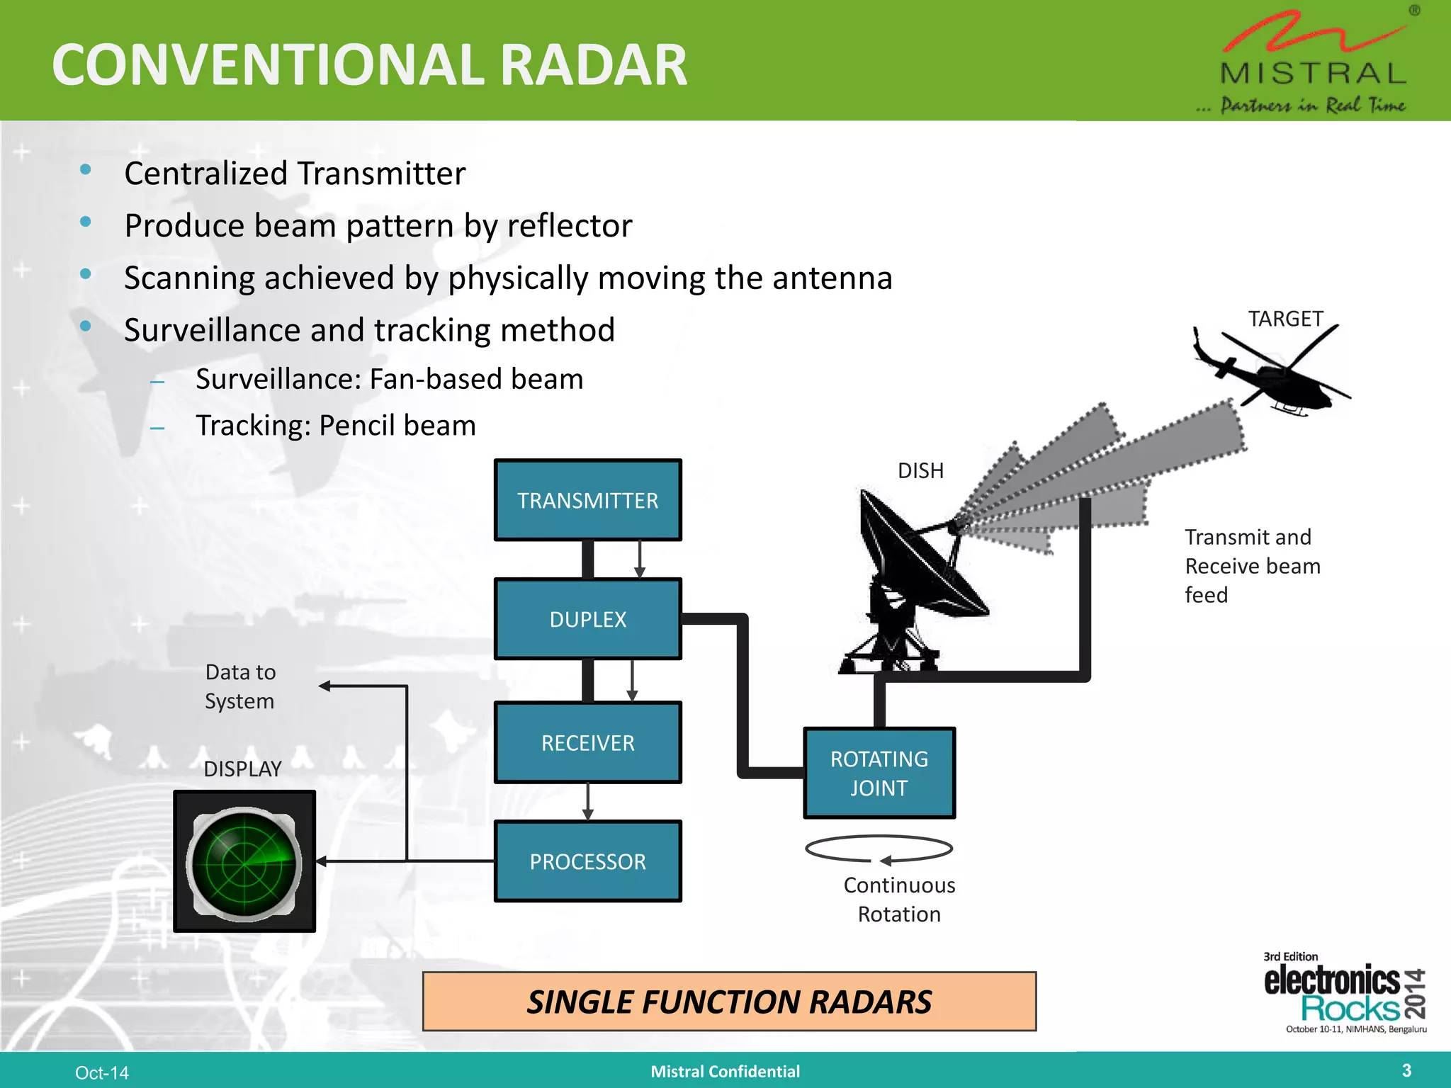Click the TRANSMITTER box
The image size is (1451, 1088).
point(587,500)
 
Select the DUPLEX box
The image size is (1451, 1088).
point(587,619)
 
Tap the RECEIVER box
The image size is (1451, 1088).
point(587,742)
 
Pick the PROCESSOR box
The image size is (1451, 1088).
point(587,861)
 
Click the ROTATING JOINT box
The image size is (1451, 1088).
point(879,773)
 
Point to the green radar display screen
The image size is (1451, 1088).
point(244,862)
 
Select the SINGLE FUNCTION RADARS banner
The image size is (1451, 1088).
point(729,1002)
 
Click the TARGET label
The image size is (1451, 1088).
point(1285,319)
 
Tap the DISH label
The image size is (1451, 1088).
point(920,470)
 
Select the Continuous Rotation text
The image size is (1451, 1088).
point(899,900)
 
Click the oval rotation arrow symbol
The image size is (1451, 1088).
point(879,849)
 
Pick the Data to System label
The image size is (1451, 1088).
point(240,686)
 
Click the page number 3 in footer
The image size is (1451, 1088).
point(1406,1070)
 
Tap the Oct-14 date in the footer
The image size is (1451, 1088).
point(102,1072)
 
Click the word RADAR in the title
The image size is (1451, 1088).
point(594,65)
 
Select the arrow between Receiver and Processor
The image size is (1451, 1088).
point(587,801)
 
